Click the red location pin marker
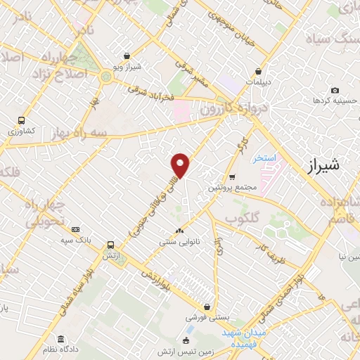coord(181,165)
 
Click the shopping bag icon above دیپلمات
coord(259,71)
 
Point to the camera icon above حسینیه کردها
coord(335,91)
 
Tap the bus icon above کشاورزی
coord(22,120)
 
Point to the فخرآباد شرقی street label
coord(157,93)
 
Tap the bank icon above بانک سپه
coord(75,229)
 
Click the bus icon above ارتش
coord(110,245)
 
